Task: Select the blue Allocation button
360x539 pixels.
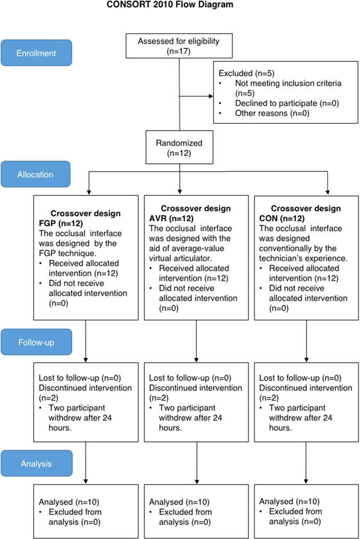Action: click(35, 174)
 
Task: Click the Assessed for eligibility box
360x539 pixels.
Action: click(179, 46)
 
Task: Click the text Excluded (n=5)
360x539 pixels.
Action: click(241, 73)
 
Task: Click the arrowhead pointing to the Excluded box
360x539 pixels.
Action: click(209, 97)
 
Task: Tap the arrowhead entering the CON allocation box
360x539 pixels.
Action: click(327, 192)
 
